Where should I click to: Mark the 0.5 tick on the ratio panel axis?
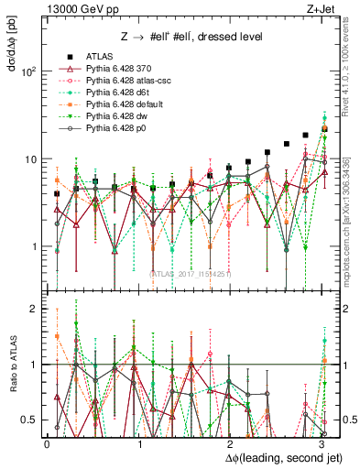[30, 420]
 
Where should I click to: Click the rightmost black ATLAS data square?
[324, 129]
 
